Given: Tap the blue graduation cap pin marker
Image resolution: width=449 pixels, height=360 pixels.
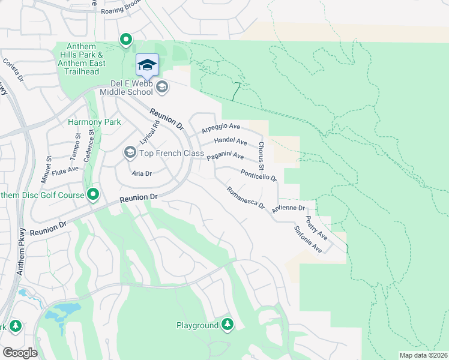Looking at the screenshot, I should point(147,65).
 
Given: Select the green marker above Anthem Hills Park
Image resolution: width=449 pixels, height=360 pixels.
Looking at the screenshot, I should point(126,40).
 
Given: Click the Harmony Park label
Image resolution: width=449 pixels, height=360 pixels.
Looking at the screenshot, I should point(94,122).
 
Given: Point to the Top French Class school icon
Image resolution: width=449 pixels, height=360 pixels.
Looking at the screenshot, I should point(130,153).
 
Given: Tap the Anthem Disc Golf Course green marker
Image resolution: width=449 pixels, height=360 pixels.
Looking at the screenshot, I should point(93,194).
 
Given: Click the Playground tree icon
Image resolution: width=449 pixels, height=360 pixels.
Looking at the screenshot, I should point(227,325).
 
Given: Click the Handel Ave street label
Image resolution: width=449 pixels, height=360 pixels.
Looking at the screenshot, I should point(231,142).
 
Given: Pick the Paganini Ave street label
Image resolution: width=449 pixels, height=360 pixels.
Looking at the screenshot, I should point(225,156).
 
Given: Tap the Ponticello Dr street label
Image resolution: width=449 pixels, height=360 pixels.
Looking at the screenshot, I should point(258,175).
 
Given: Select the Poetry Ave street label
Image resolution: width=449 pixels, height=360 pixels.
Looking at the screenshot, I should point(316,226).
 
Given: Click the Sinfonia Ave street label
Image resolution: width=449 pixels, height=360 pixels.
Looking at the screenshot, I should point(308,238).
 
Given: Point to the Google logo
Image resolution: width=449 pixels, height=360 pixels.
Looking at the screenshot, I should point(20,352).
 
